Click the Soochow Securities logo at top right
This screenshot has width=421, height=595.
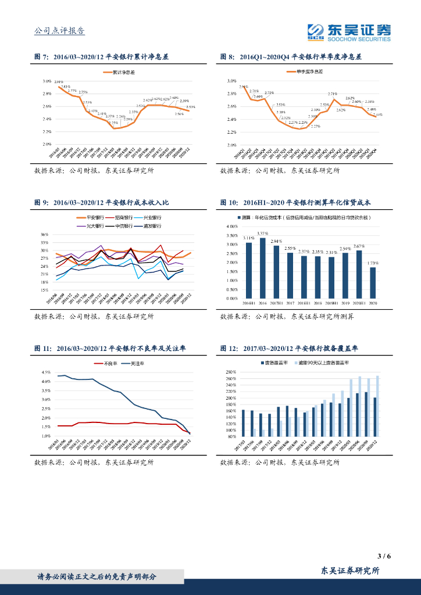coord(349,32)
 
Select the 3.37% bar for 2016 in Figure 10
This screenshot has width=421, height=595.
coord(263,268)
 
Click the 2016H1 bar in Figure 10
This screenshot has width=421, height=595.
coord(249,270)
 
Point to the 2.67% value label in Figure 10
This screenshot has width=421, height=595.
coord(359,246)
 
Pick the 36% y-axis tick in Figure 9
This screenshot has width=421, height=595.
coord(44,235)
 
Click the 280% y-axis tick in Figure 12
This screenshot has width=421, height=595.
coord(230,371)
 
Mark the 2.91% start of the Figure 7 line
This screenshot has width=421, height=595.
coord(59,86)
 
